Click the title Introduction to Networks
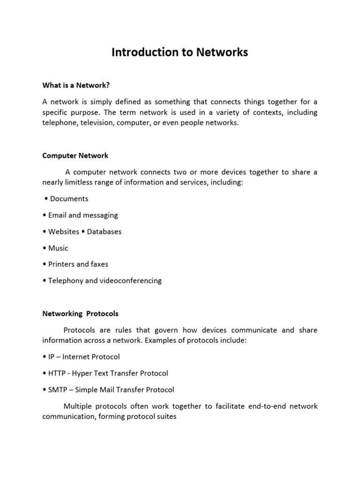tap(180, 52)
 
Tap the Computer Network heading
tap(75, 155)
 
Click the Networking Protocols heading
tap(80, 313)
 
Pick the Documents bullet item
tap(69, 199)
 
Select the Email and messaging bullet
tap(83, 215)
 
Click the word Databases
tap(105, 232)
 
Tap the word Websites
tap(64, 232)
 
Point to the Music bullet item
tap(59, 248)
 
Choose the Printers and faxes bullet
tap(78, 264)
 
